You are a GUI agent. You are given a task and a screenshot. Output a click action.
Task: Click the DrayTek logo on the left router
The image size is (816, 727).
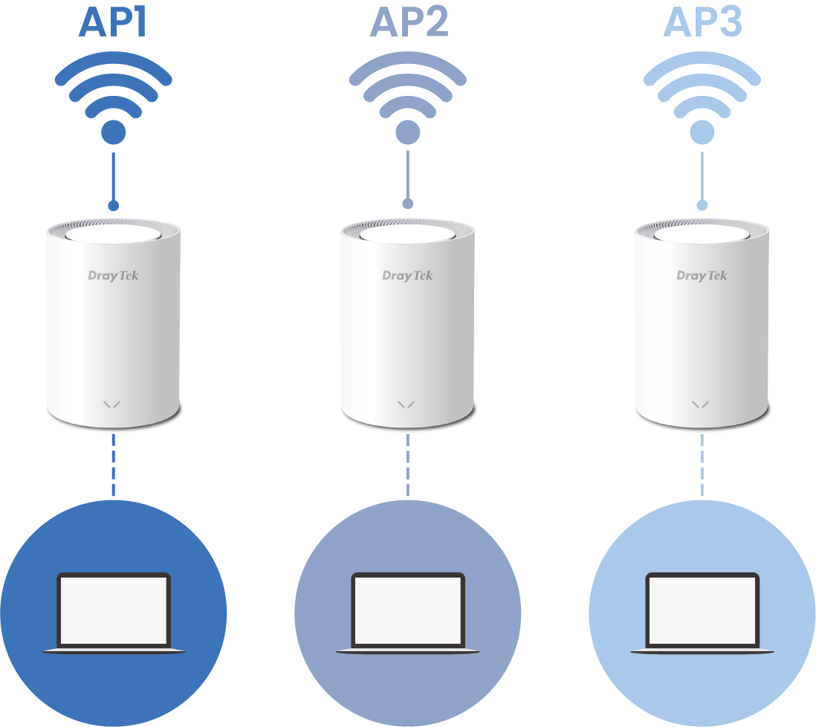pos(113,276)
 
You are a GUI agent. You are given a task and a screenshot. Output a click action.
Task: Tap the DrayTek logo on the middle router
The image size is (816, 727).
pos(407,276)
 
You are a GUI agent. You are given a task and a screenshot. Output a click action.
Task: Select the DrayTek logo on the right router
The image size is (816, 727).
pos(702,276)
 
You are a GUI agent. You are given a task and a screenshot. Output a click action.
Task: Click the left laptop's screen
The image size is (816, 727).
pos(114,610)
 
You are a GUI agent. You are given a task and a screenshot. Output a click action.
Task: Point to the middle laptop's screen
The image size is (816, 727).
pos(408,610)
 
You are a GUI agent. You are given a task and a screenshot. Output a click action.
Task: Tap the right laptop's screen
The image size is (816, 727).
pos(702,610)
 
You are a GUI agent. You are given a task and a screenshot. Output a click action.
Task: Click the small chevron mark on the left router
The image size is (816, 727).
pos(112,404)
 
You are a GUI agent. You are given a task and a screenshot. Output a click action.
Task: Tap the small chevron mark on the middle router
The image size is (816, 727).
pos(407,404)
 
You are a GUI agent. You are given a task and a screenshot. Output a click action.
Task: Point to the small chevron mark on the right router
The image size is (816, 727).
pos(701,404)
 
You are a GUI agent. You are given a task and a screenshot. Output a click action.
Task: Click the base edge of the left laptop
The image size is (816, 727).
pos(114,651)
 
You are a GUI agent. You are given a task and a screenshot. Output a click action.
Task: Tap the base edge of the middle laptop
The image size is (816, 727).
pos(408,651)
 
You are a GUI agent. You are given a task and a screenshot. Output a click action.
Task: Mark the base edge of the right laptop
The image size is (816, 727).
pos(702,651)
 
